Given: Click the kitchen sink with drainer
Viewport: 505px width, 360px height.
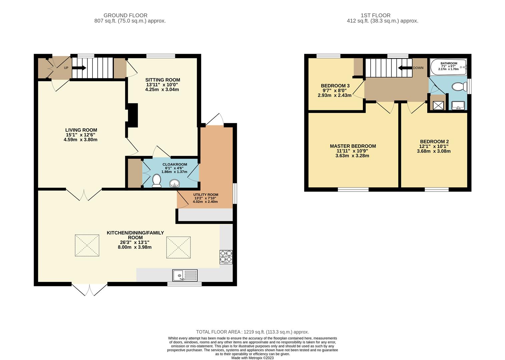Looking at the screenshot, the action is (185, 275).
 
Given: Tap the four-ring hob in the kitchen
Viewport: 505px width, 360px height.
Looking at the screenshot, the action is (226, 257).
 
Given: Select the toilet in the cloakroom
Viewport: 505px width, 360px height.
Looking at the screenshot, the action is (156, 181).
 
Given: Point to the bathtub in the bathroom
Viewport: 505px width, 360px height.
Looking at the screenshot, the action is (449, 67).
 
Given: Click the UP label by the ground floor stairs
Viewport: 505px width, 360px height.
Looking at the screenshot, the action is (66, 68).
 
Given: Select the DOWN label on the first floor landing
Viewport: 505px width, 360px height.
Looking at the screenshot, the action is (418, 68).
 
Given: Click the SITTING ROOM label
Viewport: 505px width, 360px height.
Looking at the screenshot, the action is (162, 80).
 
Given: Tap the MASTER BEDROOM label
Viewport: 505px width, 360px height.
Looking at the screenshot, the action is (353, 146).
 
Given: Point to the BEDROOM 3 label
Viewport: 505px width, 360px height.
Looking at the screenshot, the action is (335, 86).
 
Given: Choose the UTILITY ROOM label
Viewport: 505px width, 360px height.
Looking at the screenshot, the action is (205, 195).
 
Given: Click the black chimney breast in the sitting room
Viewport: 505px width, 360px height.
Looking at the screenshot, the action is (133, 115).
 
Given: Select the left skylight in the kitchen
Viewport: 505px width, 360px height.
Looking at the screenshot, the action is (87, 245).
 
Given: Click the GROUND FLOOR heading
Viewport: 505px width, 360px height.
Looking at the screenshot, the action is (125, 15).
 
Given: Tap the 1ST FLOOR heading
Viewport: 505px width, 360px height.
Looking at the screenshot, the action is (375, 15).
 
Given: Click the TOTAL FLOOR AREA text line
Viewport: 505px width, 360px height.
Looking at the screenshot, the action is (252, 332).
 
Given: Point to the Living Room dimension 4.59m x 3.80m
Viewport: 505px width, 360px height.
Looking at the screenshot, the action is (80, 139).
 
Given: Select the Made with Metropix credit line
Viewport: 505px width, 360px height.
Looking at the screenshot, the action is (252, 358).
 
